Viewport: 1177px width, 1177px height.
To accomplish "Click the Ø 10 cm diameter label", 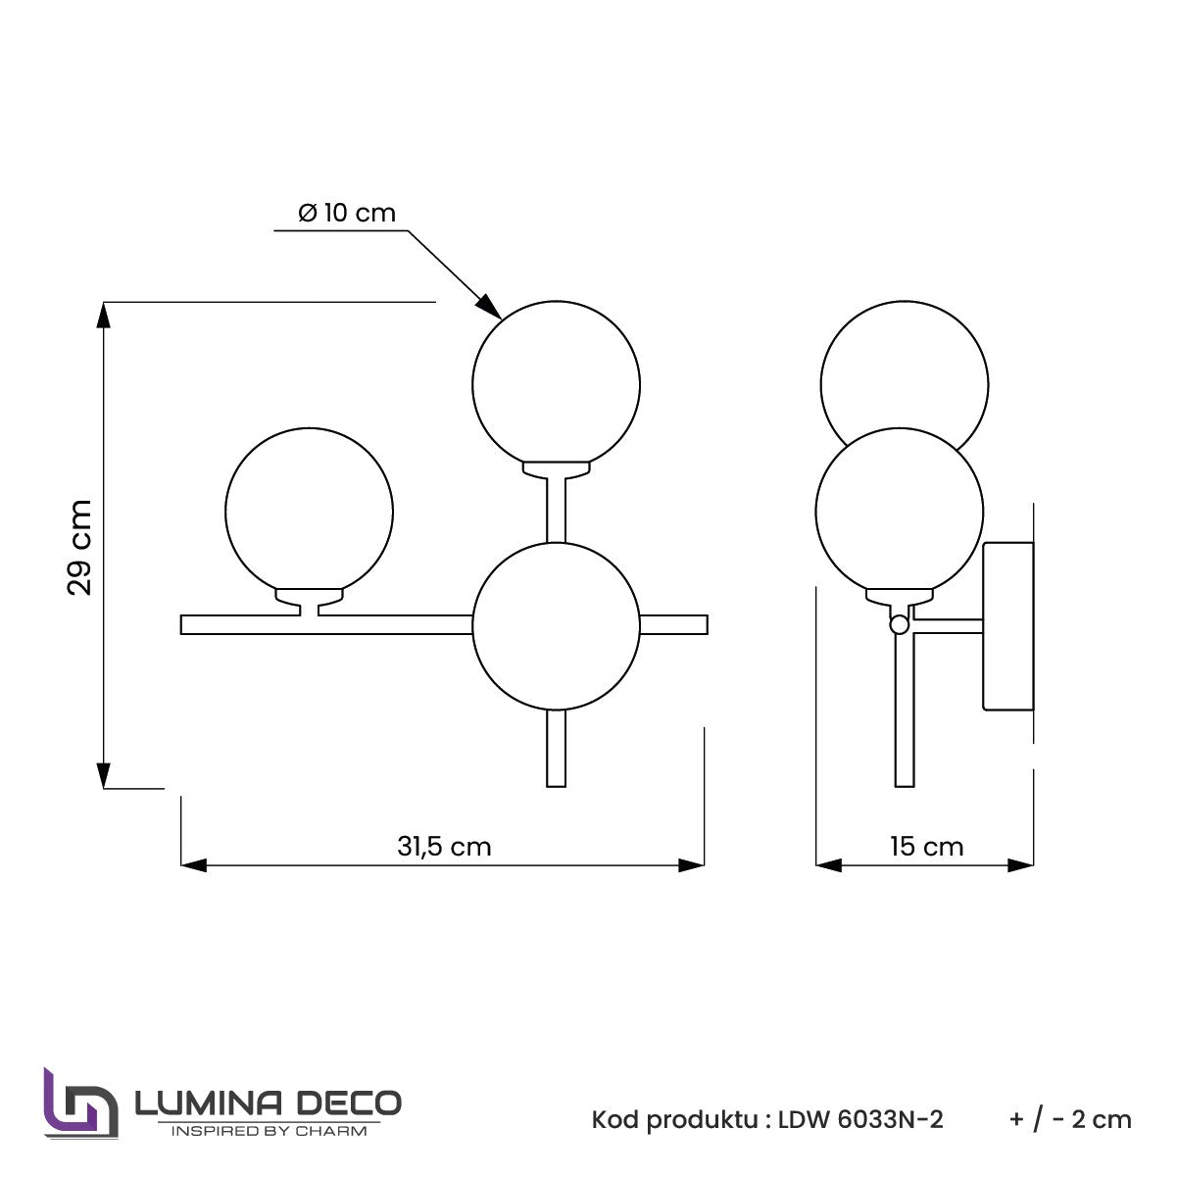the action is [x=347, y=213].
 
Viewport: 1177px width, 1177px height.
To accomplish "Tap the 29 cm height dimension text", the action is [x=79, y=547].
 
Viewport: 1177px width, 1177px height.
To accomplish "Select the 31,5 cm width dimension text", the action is [x=444, y=847].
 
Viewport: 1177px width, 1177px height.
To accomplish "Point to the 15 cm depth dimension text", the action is [x=926, y=847].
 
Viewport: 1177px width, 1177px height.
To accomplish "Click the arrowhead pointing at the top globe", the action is [x=490, y=307].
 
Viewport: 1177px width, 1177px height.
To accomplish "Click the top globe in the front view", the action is [x=556, y=384].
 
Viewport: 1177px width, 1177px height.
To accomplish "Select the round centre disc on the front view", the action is [x=556, y=626].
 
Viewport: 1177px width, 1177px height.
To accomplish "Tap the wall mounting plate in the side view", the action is [x=1007, y=626].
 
